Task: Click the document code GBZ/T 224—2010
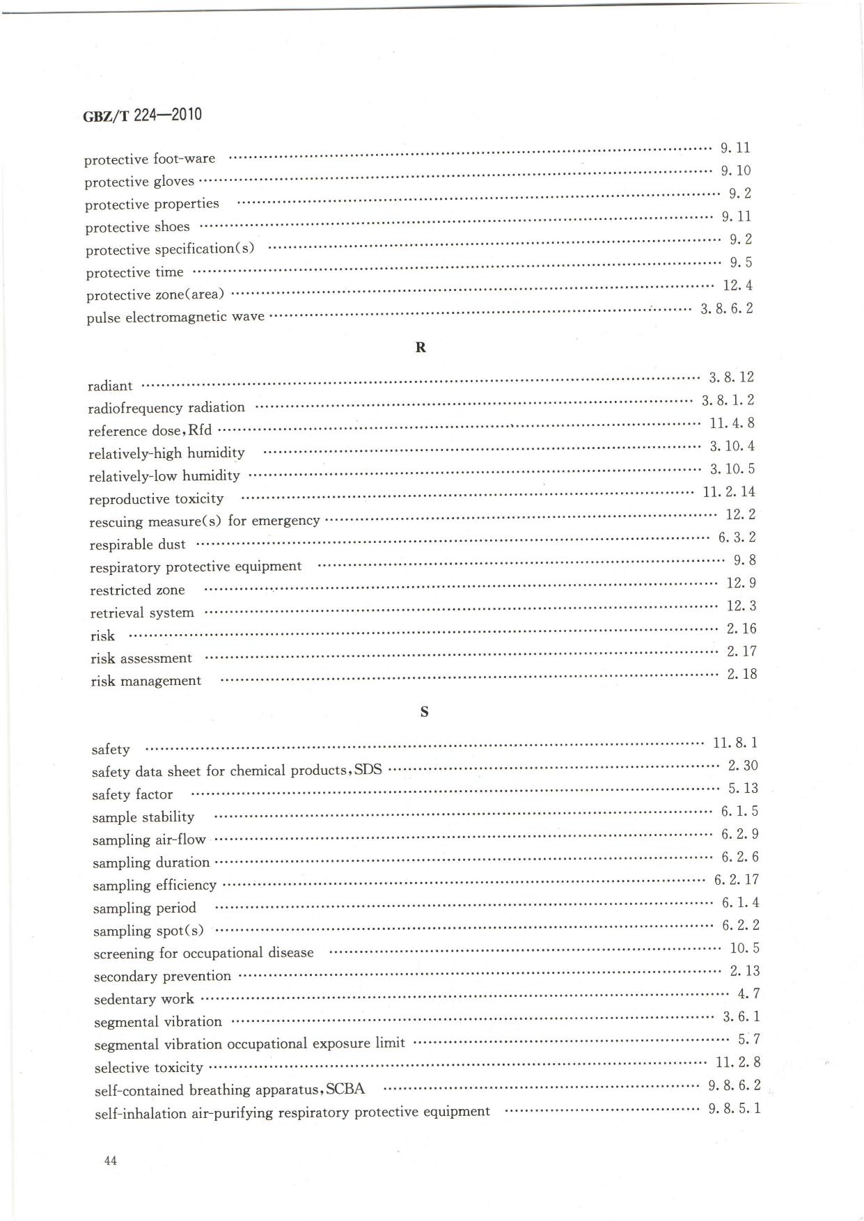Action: tap(142, 115)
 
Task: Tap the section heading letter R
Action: tap(421, 347)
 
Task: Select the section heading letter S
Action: tap(424, 712)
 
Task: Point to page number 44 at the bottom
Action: tap(110, 1160)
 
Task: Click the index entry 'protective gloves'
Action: tap(139, 182)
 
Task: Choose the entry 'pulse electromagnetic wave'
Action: tap(175, 317)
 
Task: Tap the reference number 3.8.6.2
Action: tap(726, 308)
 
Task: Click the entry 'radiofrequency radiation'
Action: tap(166, 407)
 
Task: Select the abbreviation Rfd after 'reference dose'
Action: tap(200, 430)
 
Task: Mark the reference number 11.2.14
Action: tap(729, 492)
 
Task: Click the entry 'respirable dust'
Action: tap(138, 544)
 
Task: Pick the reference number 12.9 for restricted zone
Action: tap(741, 583)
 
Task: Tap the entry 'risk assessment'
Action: tap(141, 659)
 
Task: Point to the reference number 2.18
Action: tap(741, 674)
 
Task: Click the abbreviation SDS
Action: tap(368, 770)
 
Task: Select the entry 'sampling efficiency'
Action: tap(155, 885)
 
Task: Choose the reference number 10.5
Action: tap(744, 948)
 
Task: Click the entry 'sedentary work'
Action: tap(144, 999)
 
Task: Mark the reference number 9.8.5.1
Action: tap(735, 1108)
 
